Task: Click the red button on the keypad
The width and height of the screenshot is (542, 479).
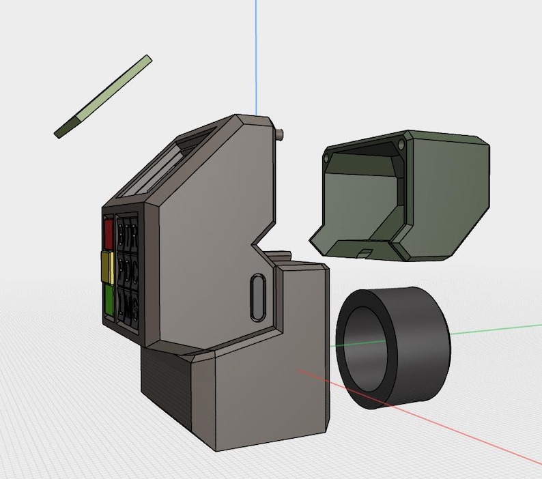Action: point(108,233)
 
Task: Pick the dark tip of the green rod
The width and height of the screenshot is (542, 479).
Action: point(66,129)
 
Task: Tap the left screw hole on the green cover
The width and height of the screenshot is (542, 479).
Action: point(326,158)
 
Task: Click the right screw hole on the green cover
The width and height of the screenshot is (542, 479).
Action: point(401,145)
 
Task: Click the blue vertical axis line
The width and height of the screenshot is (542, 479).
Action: point(257,55)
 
